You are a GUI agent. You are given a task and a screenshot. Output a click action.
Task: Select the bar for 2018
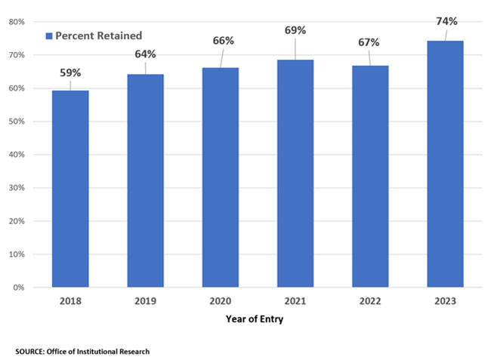70,189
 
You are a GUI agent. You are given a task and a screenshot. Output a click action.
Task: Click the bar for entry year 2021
295,174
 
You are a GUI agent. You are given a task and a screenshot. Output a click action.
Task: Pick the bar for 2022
370,177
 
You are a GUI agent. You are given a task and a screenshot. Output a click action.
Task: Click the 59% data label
70,74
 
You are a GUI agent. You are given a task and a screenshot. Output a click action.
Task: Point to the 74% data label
446,21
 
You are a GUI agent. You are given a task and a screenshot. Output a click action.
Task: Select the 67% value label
370,42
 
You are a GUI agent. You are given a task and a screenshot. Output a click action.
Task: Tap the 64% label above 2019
145,54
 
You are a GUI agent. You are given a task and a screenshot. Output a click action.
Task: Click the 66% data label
220,40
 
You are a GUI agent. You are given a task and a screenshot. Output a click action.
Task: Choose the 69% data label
295,30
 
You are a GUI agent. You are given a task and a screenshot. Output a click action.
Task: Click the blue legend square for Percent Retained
49,35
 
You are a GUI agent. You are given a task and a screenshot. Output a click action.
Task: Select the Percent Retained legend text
98,35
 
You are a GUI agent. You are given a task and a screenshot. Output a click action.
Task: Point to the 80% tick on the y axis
18,22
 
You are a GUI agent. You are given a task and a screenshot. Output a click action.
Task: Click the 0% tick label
20,288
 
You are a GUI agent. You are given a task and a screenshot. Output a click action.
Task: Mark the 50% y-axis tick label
18,122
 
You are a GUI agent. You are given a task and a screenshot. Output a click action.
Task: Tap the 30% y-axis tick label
18,188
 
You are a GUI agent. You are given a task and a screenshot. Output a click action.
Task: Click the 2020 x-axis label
220,300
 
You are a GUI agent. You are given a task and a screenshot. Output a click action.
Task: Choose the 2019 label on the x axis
145,300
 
